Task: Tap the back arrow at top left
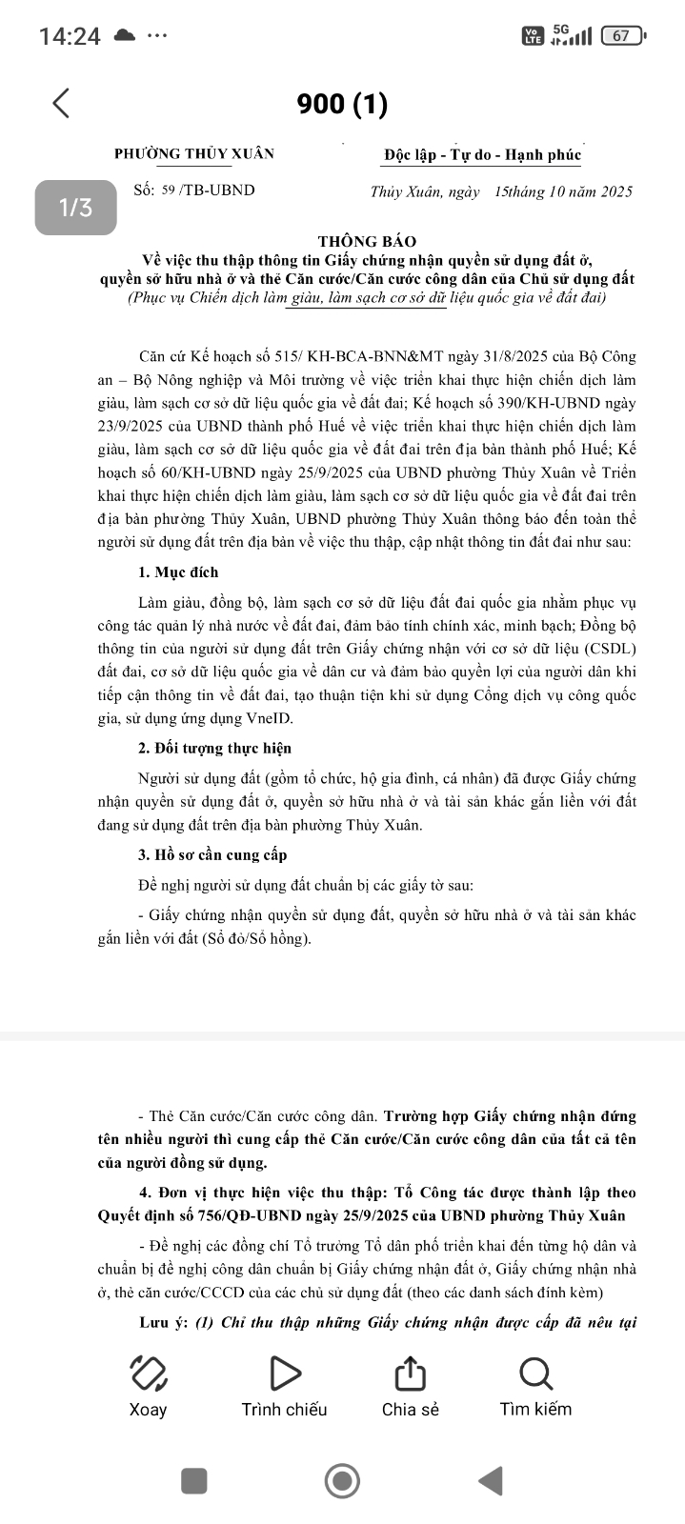click(x=61, y=103)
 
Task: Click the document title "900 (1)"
click(x=342, y=104)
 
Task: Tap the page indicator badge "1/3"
click(x=76, y=208)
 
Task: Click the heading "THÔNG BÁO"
click(x=367, y=242)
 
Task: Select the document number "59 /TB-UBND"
click(x=209, y=190)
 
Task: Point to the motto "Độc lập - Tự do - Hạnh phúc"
click(x=482, y=154)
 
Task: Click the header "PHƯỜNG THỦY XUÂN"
click(x=193, y=153)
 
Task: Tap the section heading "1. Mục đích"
click(x=178, y=572)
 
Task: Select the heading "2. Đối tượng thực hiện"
click(x=214, y=749)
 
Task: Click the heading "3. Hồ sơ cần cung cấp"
click(x=212, y=855)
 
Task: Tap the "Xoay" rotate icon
click(x=148, y=1374)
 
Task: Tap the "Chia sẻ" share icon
click(x=410, y=1374)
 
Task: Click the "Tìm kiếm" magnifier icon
click(x=535, y=1374)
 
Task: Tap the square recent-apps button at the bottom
click(x=194, y=1481)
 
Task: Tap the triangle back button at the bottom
click(x=491, y=1481)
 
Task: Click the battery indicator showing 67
click(x=623, y=36)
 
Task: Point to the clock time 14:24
click(x=70, y=36)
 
